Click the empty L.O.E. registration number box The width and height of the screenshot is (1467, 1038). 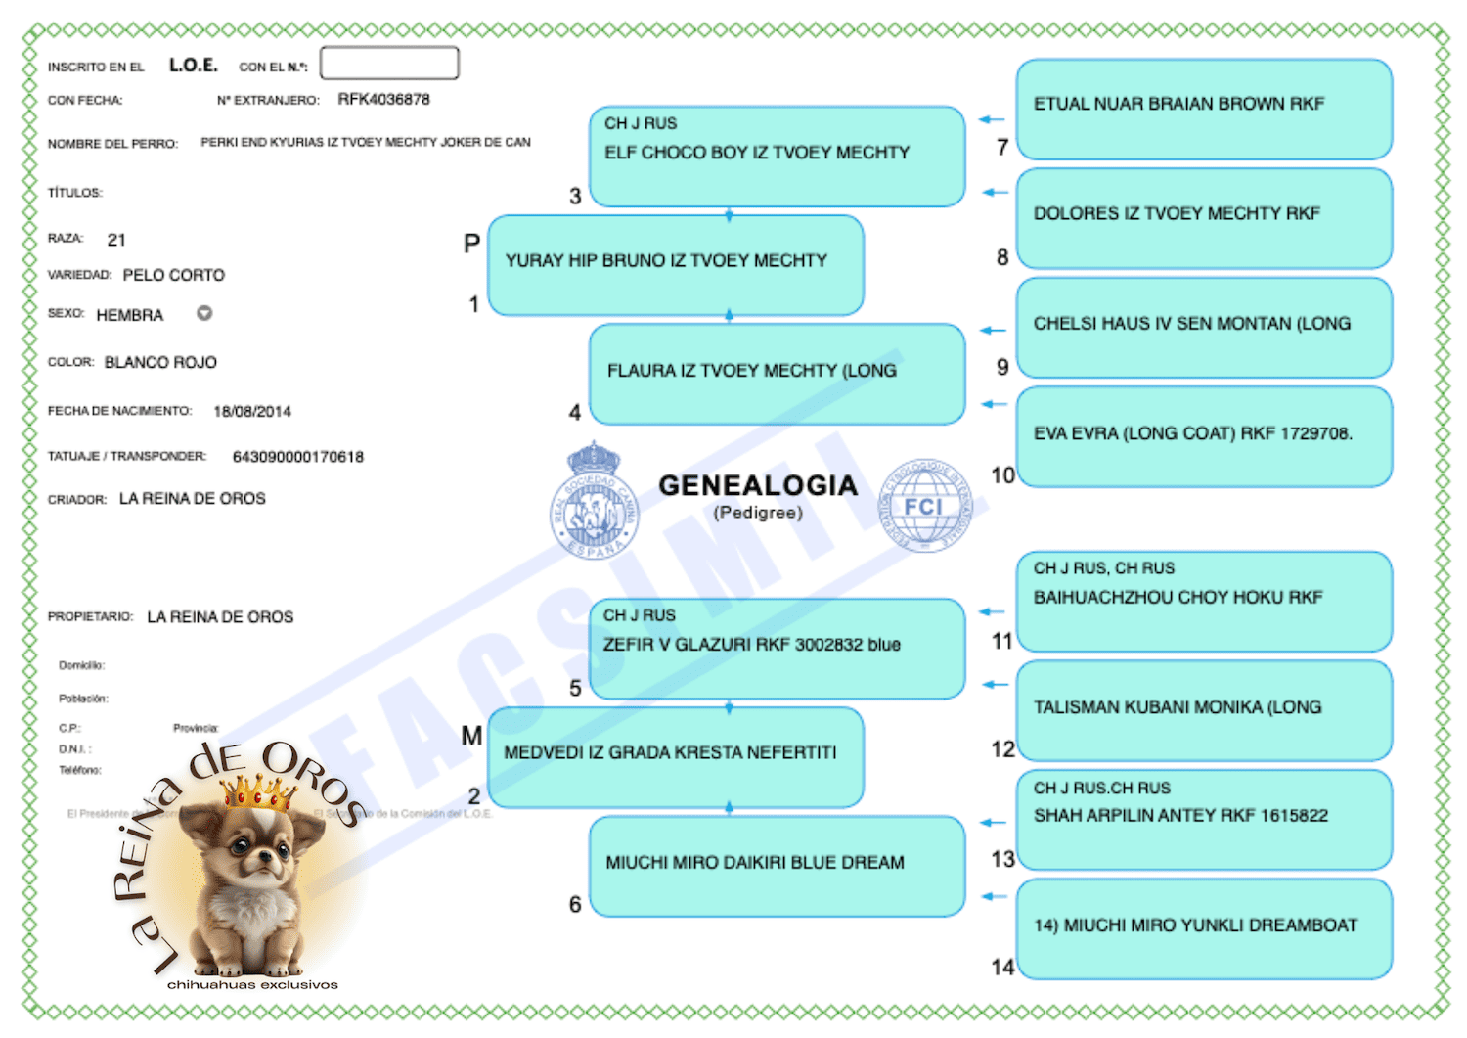[x=389, y=64]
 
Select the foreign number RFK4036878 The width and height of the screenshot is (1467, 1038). [x=383, y=99]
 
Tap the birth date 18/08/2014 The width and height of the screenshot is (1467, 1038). [x=252, y=411]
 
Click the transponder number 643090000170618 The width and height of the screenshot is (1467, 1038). [x=297, y=457]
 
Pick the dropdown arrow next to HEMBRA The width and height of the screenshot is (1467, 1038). [x=204, y=313]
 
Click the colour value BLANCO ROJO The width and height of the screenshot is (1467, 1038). [x=160, y=362]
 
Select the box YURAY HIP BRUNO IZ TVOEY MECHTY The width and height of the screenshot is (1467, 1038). [x=675, y=265]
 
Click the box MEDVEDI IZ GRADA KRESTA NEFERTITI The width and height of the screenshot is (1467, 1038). [x=675, y=757]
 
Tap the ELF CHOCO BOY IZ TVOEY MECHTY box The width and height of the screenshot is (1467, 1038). [x=777, y=157]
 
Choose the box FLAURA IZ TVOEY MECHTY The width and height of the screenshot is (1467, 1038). [x=777, y=374]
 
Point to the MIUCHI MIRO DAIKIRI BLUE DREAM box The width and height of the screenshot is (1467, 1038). [x=777, y=866]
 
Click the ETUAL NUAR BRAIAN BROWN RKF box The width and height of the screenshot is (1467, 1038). [x=1203, y=109]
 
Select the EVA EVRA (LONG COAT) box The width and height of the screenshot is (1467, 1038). [x=1203, y=436]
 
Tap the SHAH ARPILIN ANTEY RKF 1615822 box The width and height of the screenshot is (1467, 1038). [x=1203, y=819]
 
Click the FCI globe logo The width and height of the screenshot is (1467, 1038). [x=924, y=506]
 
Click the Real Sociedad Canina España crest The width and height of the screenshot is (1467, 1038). [x=593, y=501]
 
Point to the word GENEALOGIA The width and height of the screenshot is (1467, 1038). [x=758, y=485]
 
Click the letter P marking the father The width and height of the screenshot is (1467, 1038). [x=471, y=243]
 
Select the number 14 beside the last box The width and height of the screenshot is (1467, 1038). [x=1002, y=967]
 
